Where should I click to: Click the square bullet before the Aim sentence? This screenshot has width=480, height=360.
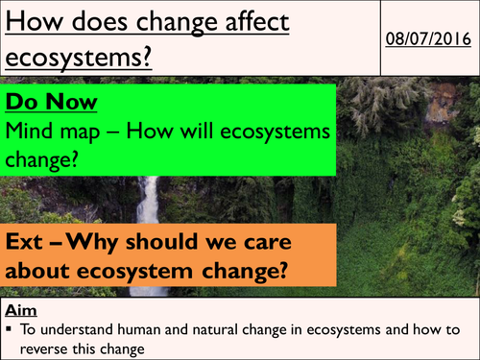click(9, 327)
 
